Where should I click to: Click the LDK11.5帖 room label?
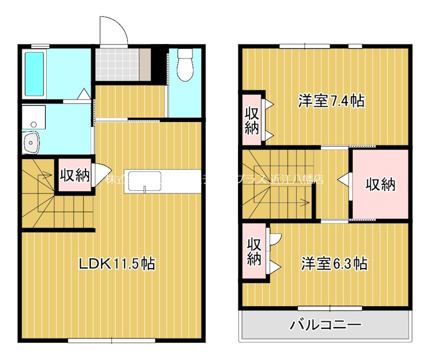[117, 264]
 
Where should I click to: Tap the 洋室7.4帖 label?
[331, 100]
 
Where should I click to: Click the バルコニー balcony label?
[326, 325]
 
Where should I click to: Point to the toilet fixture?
[185, 65]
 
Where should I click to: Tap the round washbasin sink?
[32, 142]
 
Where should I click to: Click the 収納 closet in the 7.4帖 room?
[252, 120]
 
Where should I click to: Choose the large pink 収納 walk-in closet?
[381, 184]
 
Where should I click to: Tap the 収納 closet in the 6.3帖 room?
[254, 251]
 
